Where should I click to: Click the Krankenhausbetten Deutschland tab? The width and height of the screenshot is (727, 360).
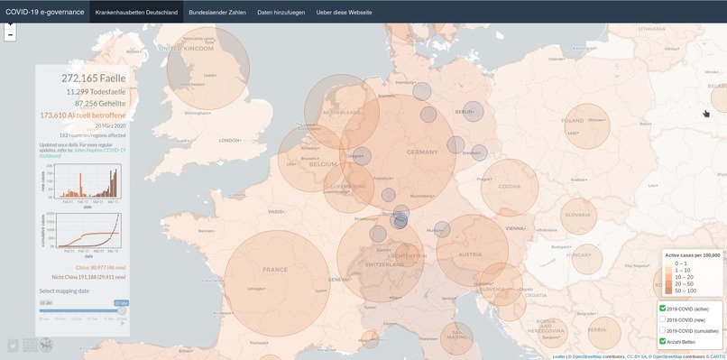137,12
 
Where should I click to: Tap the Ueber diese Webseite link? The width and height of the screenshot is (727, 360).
343,12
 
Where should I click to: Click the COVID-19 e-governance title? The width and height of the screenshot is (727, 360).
45,12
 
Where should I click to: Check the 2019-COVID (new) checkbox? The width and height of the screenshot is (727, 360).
663,319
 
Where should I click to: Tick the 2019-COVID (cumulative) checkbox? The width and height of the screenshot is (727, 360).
663,331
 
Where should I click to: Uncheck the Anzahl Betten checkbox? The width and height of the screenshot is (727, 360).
663,342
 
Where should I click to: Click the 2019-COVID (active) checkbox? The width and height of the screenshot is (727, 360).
663,309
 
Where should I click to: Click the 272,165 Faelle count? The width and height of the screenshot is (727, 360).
94,78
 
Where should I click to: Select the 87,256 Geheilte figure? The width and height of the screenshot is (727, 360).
99,104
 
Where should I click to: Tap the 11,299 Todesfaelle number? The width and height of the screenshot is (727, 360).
96,91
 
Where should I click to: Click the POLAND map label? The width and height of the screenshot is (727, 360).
573,120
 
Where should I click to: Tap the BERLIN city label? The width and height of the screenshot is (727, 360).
465,112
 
